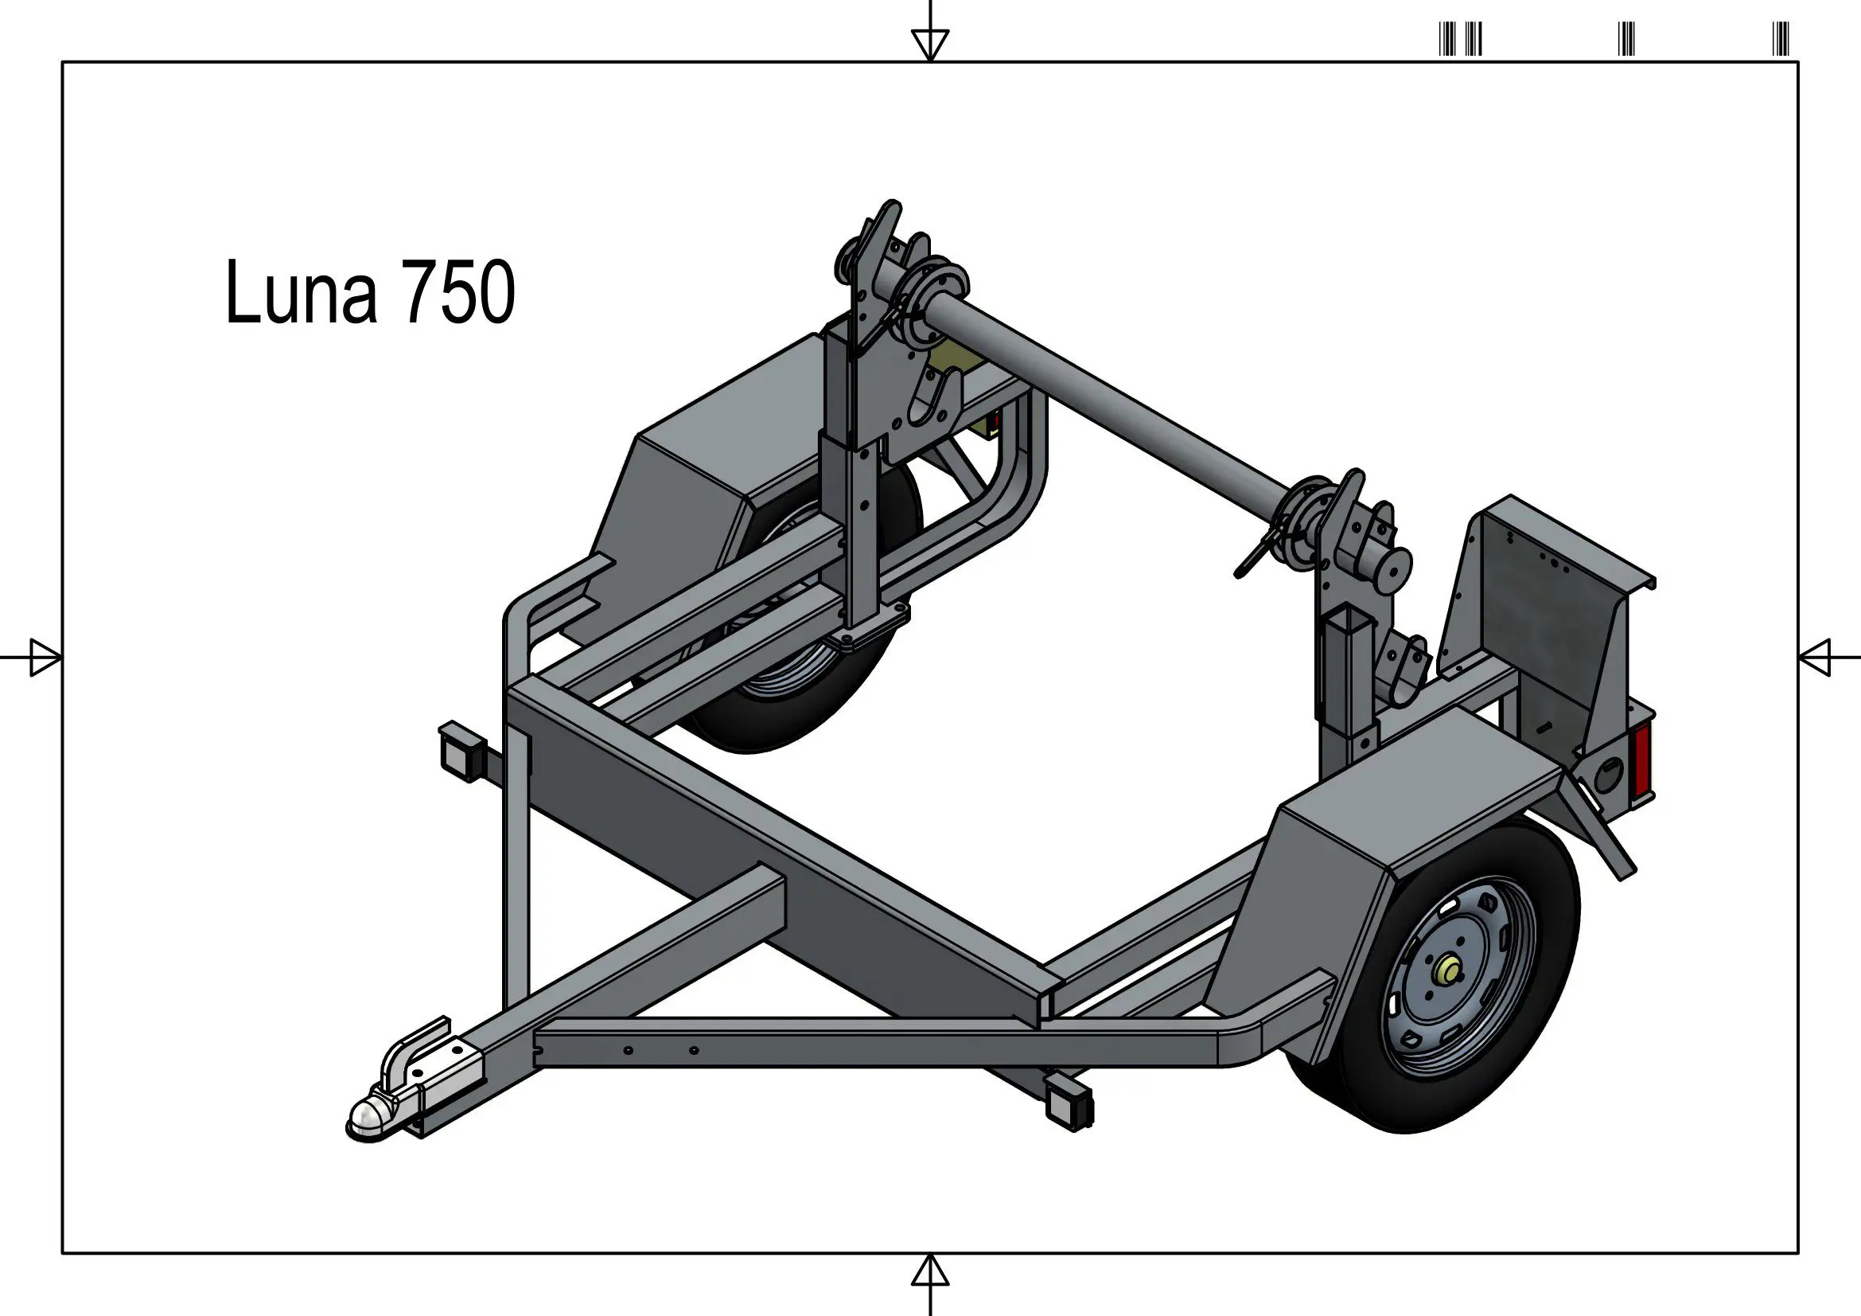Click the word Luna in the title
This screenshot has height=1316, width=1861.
pos(302,292)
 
